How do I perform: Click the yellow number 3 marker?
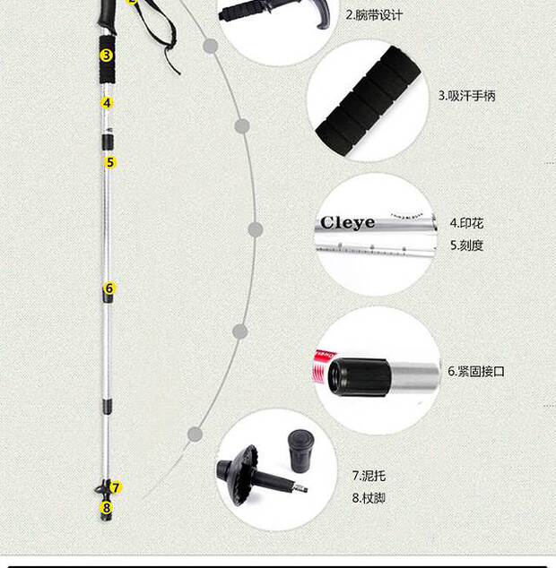pos(107,55)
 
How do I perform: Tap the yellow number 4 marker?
pos(108,103)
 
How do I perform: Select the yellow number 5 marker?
pos(110,162)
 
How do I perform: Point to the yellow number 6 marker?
pos(109,288)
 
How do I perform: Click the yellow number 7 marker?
pos(117,487)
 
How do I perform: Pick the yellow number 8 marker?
pos(106,507)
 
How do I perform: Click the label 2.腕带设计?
pos(375,15)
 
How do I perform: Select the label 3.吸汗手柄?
pos(466,95)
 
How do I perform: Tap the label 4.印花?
pos(466,223)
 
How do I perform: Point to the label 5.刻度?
pos(466,245)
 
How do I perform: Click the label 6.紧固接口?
pos(476,371)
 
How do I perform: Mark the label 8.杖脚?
pos(369,497)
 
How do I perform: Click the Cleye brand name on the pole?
pos(347,222)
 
